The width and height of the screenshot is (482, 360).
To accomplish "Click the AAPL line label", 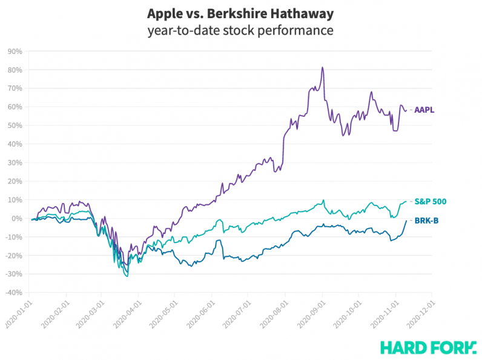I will pyautogui.click(x=424, y=110).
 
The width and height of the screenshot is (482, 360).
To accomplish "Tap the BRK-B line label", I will pyautogui.click(x=426, y=221).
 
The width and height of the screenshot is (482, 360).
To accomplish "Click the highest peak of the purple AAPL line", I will pyautogui.click(x=322, y=67).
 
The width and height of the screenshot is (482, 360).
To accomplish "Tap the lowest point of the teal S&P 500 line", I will pyautogui.click(x=127, y=276).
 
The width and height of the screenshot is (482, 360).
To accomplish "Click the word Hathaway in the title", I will pyautogui.click(x=305, y=13).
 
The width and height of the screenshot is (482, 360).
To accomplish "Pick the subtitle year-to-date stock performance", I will pyautogui.click(x=240, y=30).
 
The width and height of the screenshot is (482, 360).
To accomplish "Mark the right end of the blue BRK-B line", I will pyautogui.click(x=406, y=221).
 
